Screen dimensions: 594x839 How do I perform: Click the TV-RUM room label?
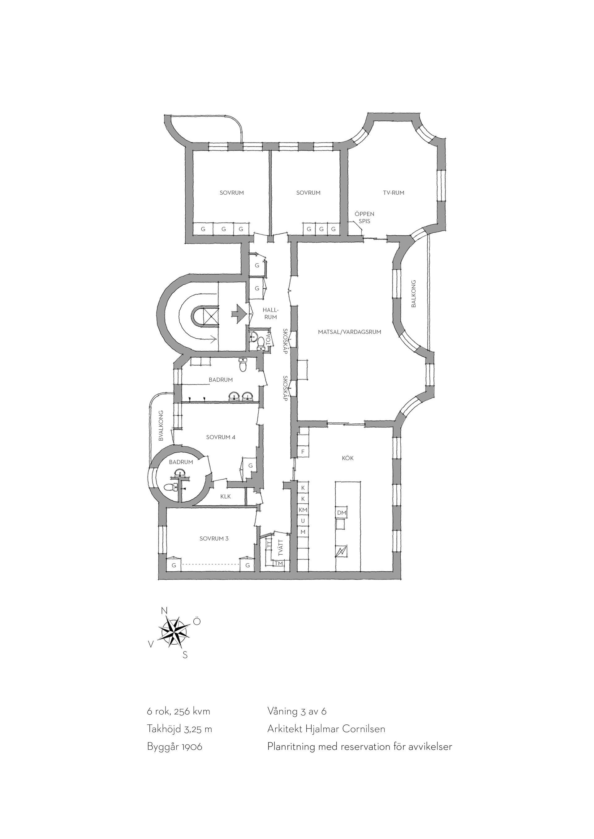click(x=394, y=193)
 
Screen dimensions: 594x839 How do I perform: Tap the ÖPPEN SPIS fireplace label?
click(x=364, y=218)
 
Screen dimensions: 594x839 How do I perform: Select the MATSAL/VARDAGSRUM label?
click(x=350, y=332)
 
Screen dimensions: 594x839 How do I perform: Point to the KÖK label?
click(x=348, y=458)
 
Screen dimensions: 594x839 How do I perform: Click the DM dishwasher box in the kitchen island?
click(x=341, y=513)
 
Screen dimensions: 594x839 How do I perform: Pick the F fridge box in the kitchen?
click(x=303, y=452)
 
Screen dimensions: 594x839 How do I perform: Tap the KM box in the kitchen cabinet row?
click(x=303, y=510)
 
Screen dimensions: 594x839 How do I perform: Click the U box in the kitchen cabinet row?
click(x=303, y=521)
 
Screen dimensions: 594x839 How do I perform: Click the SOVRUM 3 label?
click(x=214, y=538)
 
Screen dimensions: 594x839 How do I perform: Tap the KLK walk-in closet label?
click(x=226, y=497)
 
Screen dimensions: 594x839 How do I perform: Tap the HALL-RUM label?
click(x=271, y=314)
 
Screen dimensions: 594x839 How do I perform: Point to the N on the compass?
click(x=165, y=611)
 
